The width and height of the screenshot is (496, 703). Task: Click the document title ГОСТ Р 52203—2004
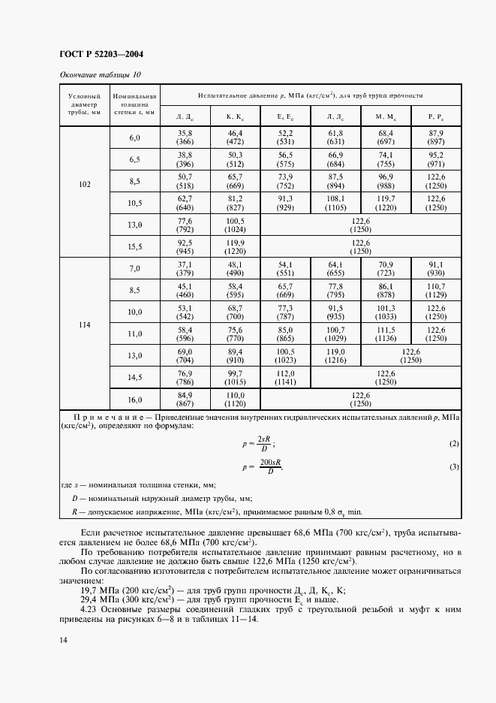101,54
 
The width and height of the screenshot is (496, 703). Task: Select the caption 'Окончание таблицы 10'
99,74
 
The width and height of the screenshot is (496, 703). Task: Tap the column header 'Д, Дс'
185,116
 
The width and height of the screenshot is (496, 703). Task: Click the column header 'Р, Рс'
435,116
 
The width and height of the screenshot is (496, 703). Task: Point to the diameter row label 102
84,183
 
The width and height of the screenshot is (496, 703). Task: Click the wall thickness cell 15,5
134,246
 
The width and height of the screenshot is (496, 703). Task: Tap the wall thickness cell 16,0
134,400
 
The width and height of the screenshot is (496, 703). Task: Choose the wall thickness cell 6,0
134,138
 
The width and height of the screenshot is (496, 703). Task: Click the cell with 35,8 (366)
185,137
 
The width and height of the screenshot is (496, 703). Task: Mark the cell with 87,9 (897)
435,137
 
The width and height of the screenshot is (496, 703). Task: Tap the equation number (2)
453,444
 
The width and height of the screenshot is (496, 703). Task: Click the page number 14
64,661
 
